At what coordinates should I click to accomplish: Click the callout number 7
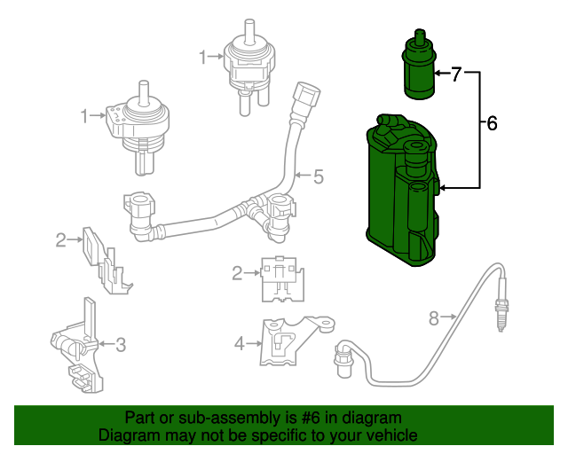click(x=456, y=74)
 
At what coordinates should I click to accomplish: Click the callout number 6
click(x=492, y=123)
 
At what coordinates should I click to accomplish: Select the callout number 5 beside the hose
click(x=319, y=176)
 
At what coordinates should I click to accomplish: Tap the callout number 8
click(x=434, y=317)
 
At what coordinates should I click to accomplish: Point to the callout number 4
click(x=239, y=343)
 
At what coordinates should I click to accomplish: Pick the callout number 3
click(x=122, y=344)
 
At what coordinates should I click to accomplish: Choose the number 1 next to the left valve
click(x=86, y=116)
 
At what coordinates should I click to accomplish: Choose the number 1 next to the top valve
click(x=203, y=58)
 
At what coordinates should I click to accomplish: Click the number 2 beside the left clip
click(x=61, y=239)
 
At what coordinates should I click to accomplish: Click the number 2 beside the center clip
click(x=237, y=274)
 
